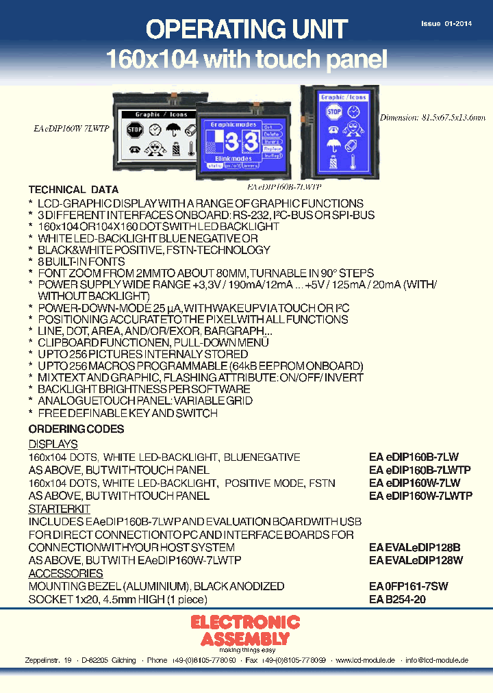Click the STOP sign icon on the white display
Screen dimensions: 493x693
click(134, 129)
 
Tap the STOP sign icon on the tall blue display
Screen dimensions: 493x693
click(333, 112)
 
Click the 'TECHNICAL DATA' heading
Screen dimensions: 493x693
click(73, 190)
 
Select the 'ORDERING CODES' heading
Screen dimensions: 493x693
click(76, 429)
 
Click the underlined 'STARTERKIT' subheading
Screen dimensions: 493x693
click(59, 509)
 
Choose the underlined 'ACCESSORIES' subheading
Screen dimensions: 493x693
click(66, 574)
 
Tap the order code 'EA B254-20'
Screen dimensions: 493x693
click(398, 599)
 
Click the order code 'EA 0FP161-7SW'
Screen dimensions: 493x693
click(409, 586)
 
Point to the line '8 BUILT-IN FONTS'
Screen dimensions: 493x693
click(81, 262)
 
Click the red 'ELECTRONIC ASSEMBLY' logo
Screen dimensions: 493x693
click(244, 630)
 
